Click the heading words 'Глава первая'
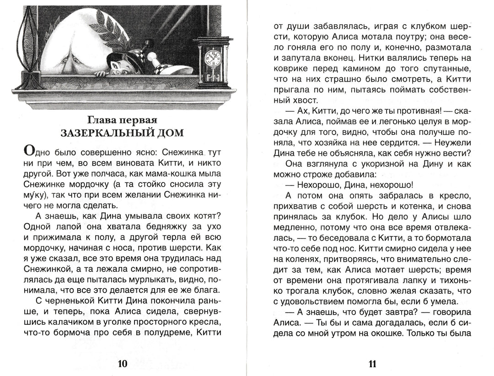[122, 120]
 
